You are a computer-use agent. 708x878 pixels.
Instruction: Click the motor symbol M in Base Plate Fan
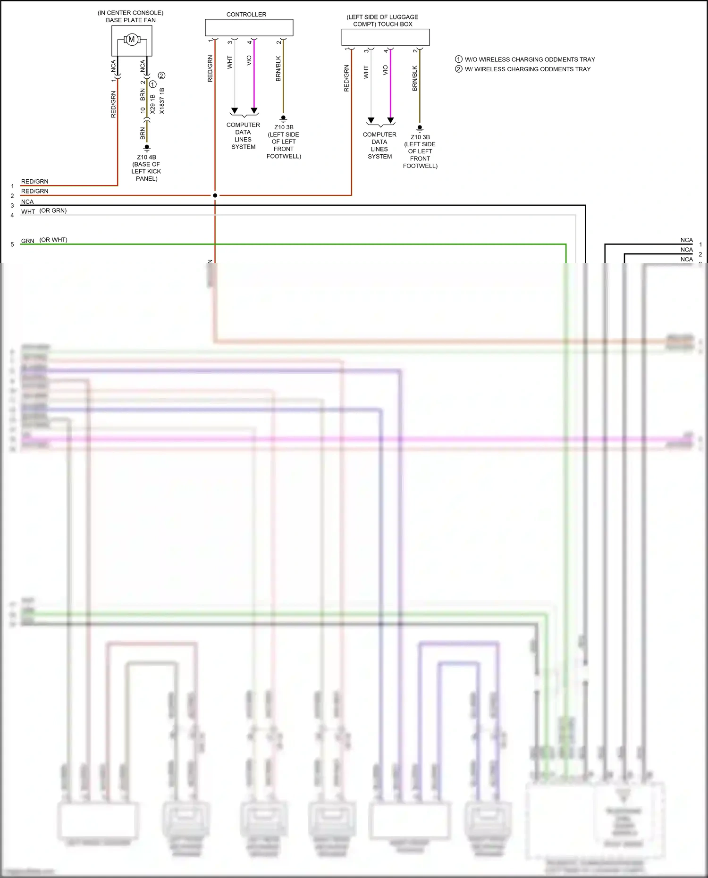click(132, 40)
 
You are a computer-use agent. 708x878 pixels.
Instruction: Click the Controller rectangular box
click(249, 27)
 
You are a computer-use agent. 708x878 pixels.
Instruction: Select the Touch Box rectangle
click(385, 37)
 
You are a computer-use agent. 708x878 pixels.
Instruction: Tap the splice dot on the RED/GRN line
click(215, 195)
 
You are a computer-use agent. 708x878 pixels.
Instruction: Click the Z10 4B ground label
click(146, 157)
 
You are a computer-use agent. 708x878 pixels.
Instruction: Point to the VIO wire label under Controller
click(249, 60)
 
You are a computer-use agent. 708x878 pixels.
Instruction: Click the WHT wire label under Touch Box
click(366, 72)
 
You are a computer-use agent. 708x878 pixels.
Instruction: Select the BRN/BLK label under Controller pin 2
click(278, 69)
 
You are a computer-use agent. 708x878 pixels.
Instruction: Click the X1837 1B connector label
click(162, 100)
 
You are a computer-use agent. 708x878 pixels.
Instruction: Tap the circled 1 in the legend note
click(458, 59)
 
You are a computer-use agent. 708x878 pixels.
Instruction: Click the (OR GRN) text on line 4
click(53, 210)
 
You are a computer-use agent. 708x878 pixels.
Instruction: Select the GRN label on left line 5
click(27, 241)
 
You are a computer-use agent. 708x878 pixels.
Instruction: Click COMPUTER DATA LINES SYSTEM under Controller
click(243, 136)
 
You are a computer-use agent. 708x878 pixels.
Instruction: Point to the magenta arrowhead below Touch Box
click(390, 120)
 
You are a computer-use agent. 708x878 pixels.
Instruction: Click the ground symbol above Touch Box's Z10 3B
click(420, 128)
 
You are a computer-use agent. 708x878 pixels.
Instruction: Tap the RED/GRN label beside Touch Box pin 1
click(346, 78)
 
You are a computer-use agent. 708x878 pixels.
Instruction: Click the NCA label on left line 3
click(27, 202)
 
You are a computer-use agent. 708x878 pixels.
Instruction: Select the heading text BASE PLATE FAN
click(131, 20)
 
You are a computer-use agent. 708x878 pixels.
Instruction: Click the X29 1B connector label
click(152, 104)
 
